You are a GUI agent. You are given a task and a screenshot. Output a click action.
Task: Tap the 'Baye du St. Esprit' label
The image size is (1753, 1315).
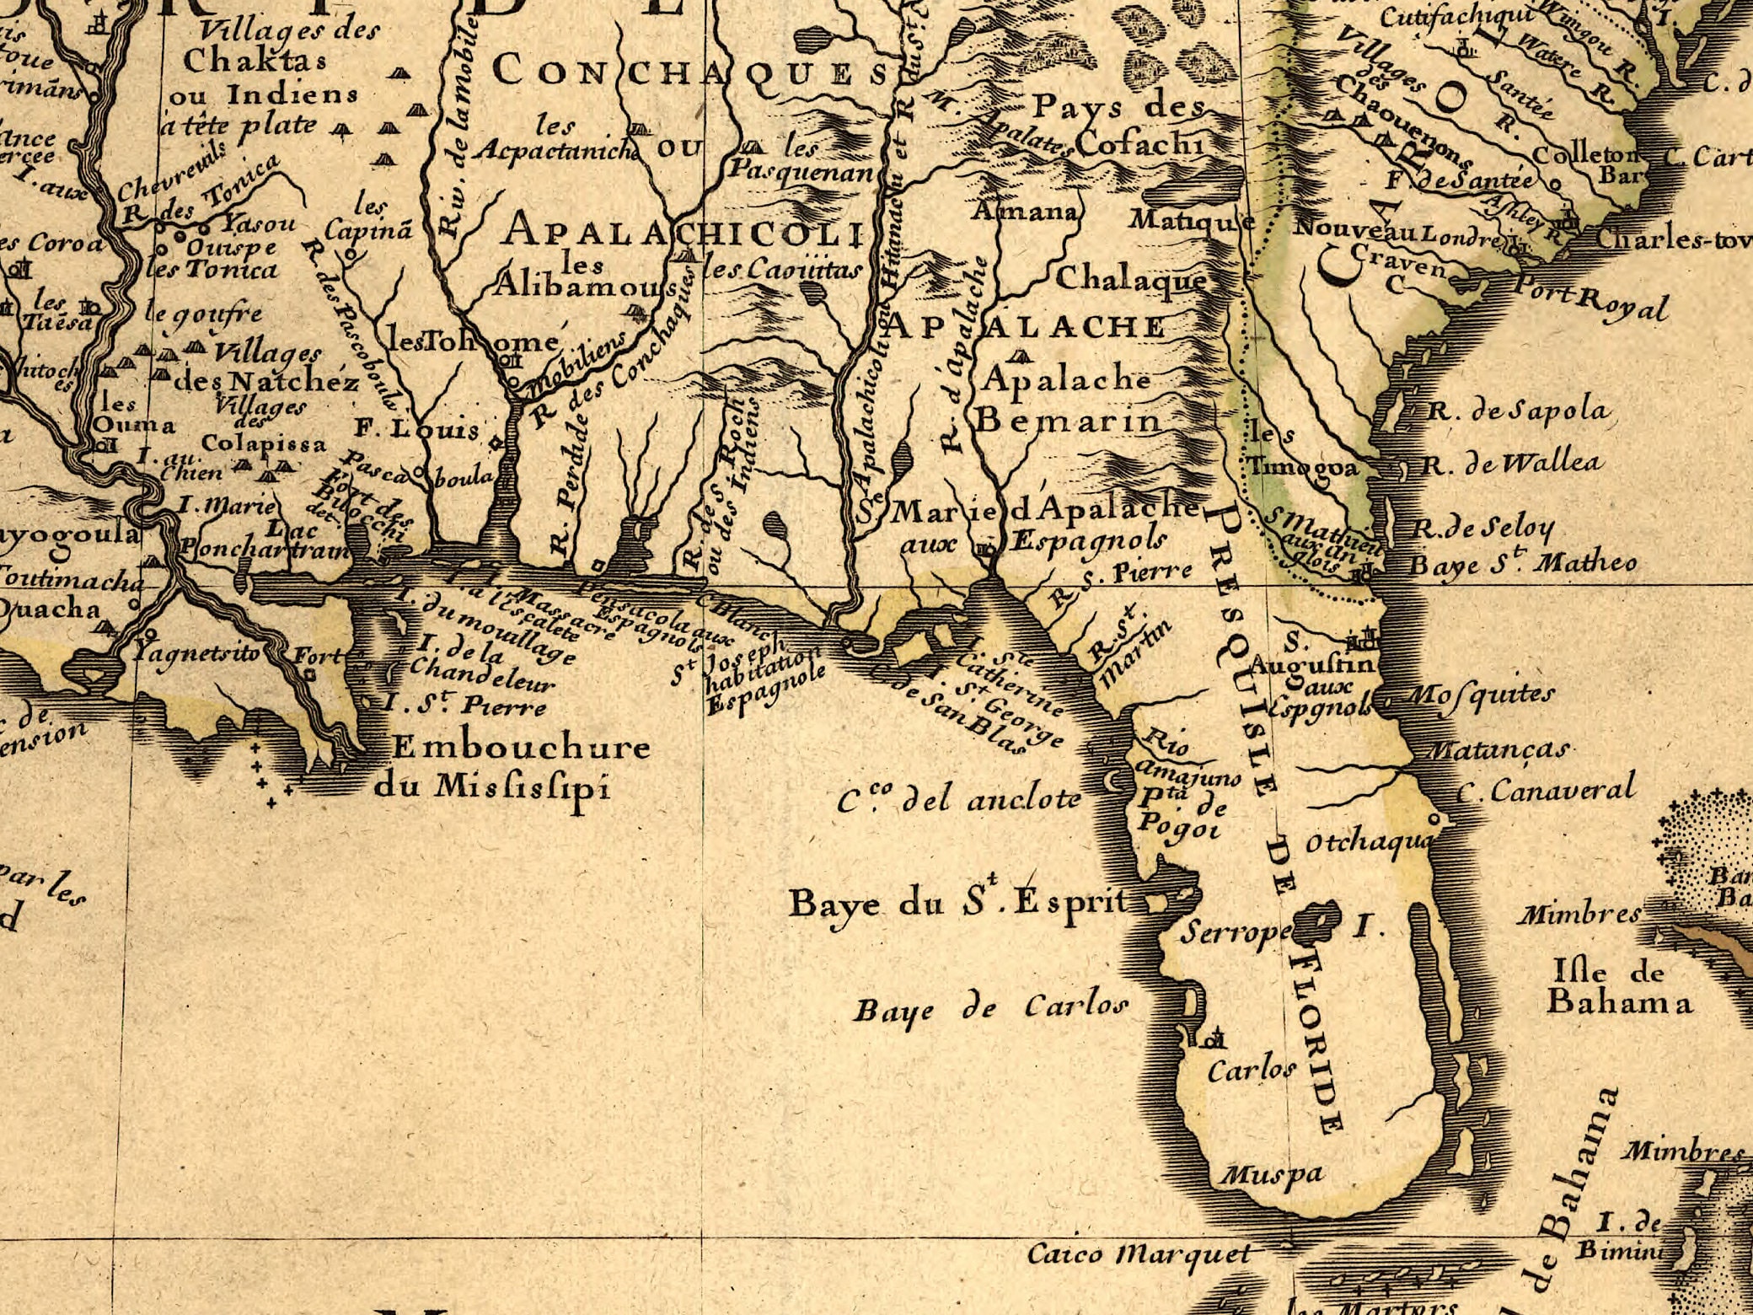pos(958,904)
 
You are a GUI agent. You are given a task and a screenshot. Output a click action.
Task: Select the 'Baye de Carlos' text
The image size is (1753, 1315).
pos(991,1008)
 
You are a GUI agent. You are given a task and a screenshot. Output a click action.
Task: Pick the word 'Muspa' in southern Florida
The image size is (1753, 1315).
pos(1273,1173)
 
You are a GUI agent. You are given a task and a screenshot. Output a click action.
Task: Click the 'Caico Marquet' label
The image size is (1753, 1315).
pos(1139,1254)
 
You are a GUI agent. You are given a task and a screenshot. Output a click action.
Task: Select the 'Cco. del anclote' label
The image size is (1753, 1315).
pos(959,798)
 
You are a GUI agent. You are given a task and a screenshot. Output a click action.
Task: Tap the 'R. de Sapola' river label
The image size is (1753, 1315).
pos(1518,411)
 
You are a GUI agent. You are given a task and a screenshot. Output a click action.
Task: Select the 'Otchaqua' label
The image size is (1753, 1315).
pos(1366,842)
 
